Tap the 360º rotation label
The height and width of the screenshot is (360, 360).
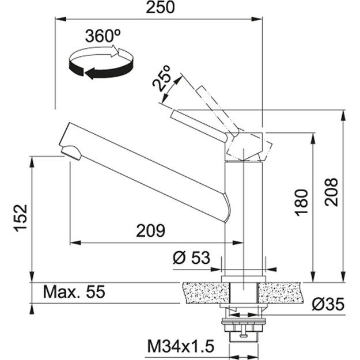pos(103,35)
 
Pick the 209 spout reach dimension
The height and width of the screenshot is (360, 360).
pos(150,231)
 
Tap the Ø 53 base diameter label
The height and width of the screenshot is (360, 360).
pos(191,258)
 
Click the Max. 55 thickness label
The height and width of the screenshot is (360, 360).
pos(74,293)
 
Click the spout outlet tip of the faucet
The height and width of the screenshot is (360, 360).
pos(70,152)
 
